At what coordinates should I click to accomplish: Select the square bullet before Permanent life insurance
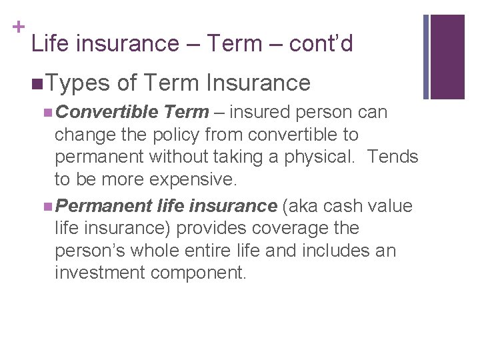(44, 206)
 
